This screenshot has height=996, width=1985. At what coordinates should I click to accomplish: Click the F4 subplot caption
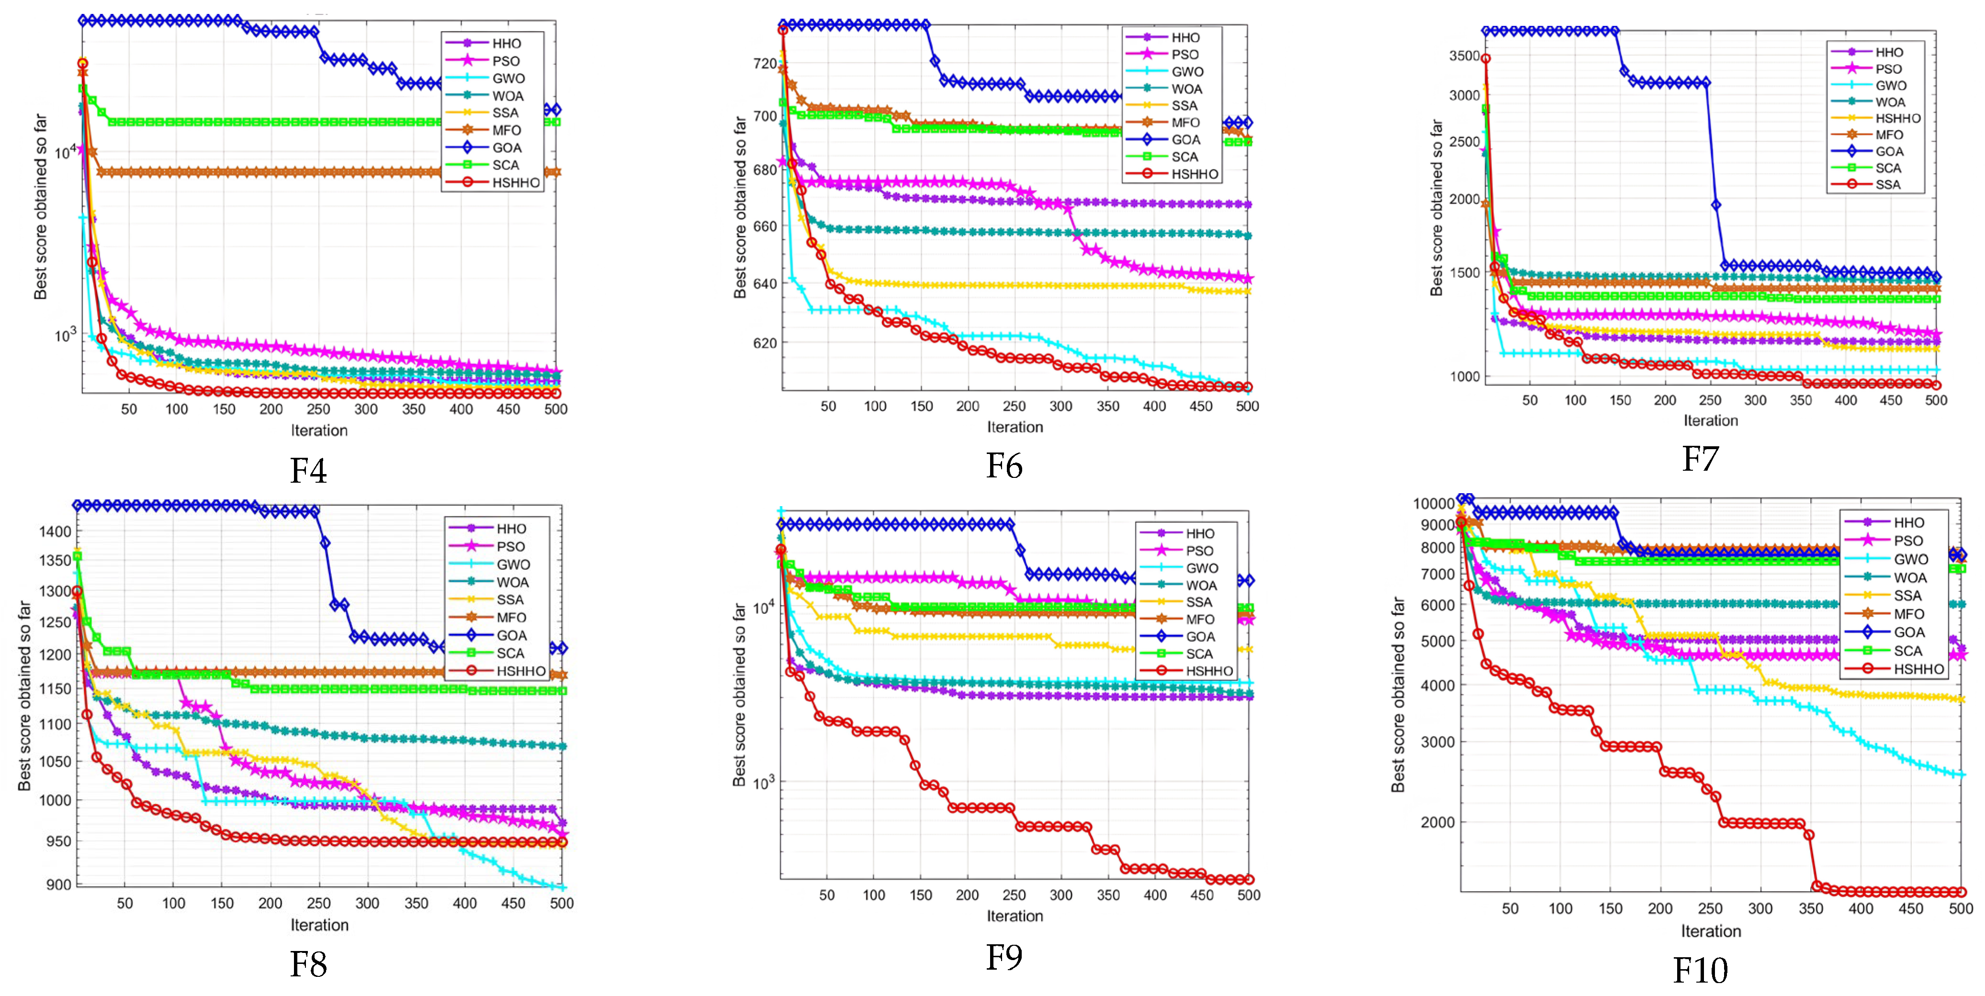308,470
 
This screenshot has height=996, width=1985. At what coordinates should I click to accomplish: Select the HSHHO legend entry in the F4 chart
493,183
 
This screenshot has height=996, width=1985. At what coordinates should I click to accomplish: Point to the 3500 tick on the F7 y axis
1464,56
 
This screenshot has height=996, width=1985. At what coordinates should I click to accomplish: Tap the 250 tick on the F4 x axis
318,409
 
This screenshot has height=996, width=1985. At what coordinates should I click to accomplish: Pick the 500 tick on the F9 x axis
1248,895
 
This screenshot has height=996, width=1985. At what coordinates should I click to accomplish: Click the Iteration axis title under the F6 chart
1015,427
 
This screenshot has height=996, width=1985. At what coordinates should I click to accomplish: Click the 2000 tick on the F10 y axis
1438,822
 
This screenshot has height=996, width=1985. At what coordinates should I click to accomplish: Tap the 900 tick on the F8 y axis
58,884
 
